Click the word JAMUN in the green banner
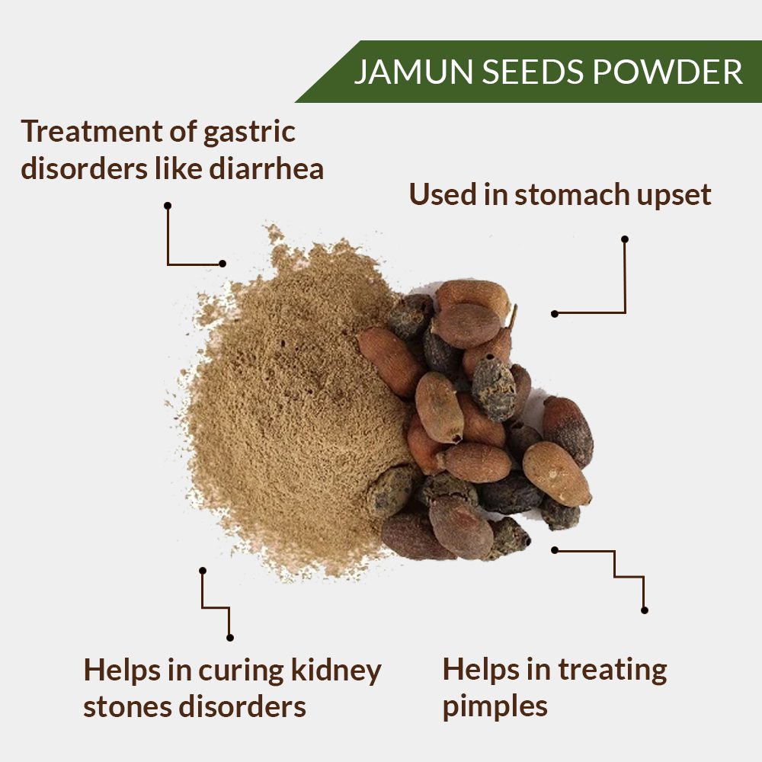pos(414,72)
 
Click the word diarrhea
pos(266,168)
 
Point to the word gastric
pos(249,133)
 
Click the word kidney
pos(336,671)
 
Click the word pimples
pos(495,708)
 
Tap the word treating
pos(613,671)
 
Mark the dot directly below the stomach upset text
pos(625,239)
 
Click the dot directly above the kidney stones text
pos(230,638)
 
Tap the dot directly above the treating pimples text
pos(645,610)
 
